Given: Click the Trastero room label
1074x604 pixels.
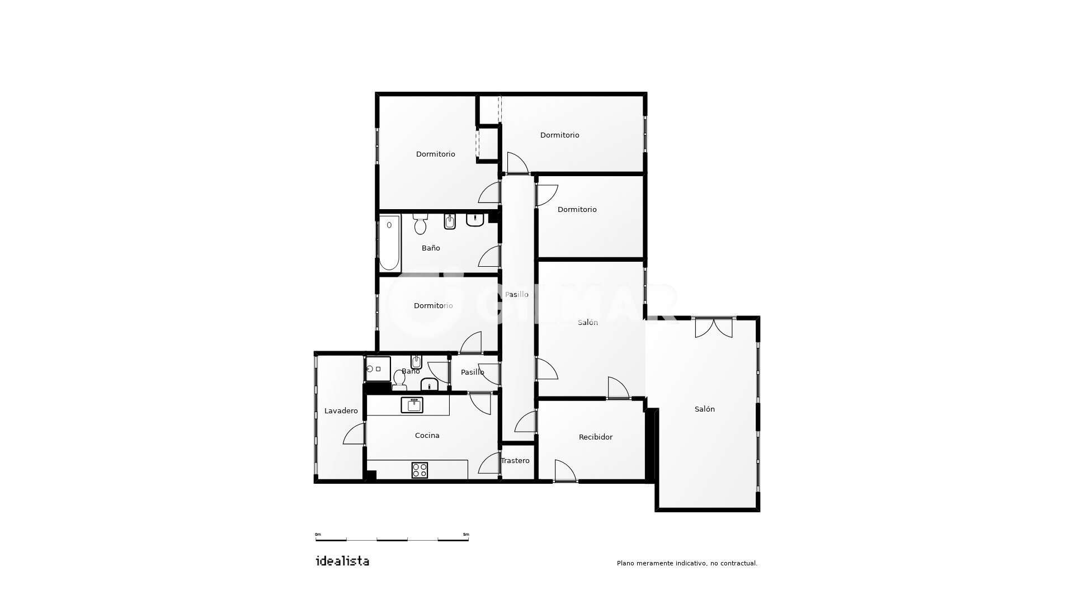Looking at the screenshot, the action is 515,461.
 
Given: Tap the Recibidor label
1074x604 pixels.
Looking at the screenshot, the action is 596,437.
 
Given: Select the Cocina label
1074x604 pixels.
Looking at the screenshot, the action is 427,436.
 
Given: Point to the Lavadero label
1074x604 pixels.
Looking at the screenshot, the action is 341,411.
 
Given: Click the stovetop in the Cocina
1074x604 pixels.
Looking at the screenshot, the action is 420,470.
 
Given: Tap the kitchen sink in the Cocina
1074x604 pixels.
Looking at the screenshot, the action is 412,405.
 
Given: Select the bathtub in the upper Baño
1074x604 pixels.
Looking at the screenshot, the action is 389,243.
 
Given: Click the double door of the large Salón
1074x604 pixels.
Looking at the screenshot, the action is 714,328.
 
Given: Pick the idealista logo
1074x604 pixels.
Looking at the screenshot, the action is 342,561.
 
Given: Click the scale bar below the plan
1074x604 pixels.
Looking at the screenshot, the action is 392,540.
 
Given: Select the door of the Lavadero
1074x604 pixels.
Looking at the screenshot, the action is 354,434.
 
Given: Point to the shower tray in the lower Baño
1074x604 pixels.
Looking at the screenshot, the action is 378,369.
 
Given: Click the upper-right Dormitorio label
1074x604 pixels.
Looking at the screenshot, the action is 560,135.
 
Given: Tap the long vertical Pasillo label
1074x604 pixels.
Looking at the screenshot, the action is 517,295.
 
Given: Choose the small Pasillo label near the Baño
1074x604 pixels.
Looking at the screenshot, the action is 473,372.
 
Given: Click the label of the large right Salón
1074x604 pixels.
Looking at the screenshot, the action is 705,409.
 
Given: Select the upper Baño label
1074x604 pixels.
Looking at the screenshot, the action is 431,248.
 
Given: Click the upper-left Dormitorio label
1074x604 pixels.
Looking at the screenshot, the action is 436,154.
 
